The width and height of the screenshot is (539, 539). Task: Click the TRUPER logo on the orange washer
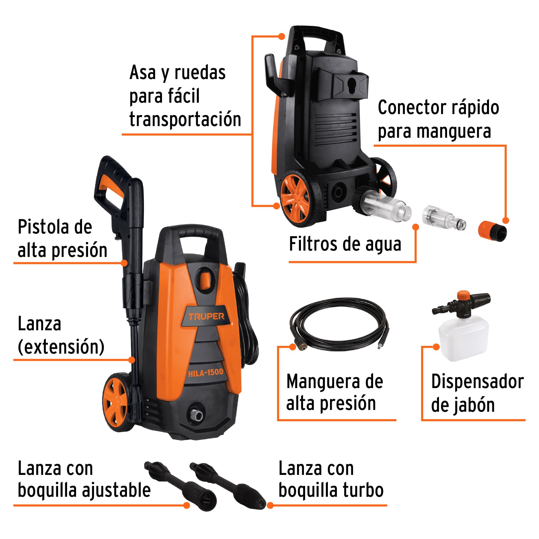206,316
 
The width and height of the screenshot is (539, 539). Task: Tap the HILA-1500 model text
206,373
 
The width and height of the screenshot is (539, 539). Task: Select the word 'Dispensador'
477,381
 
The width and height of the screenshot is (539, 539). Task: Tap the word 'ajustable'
116,491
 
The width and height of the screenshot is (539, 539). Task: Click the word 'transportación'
185,119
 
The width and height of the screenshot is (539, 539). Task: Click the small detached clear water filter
444,218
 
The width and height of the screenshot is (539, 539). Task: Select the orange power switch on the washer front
205,279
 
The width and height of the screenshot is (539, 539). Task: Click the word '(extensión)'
61,347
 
